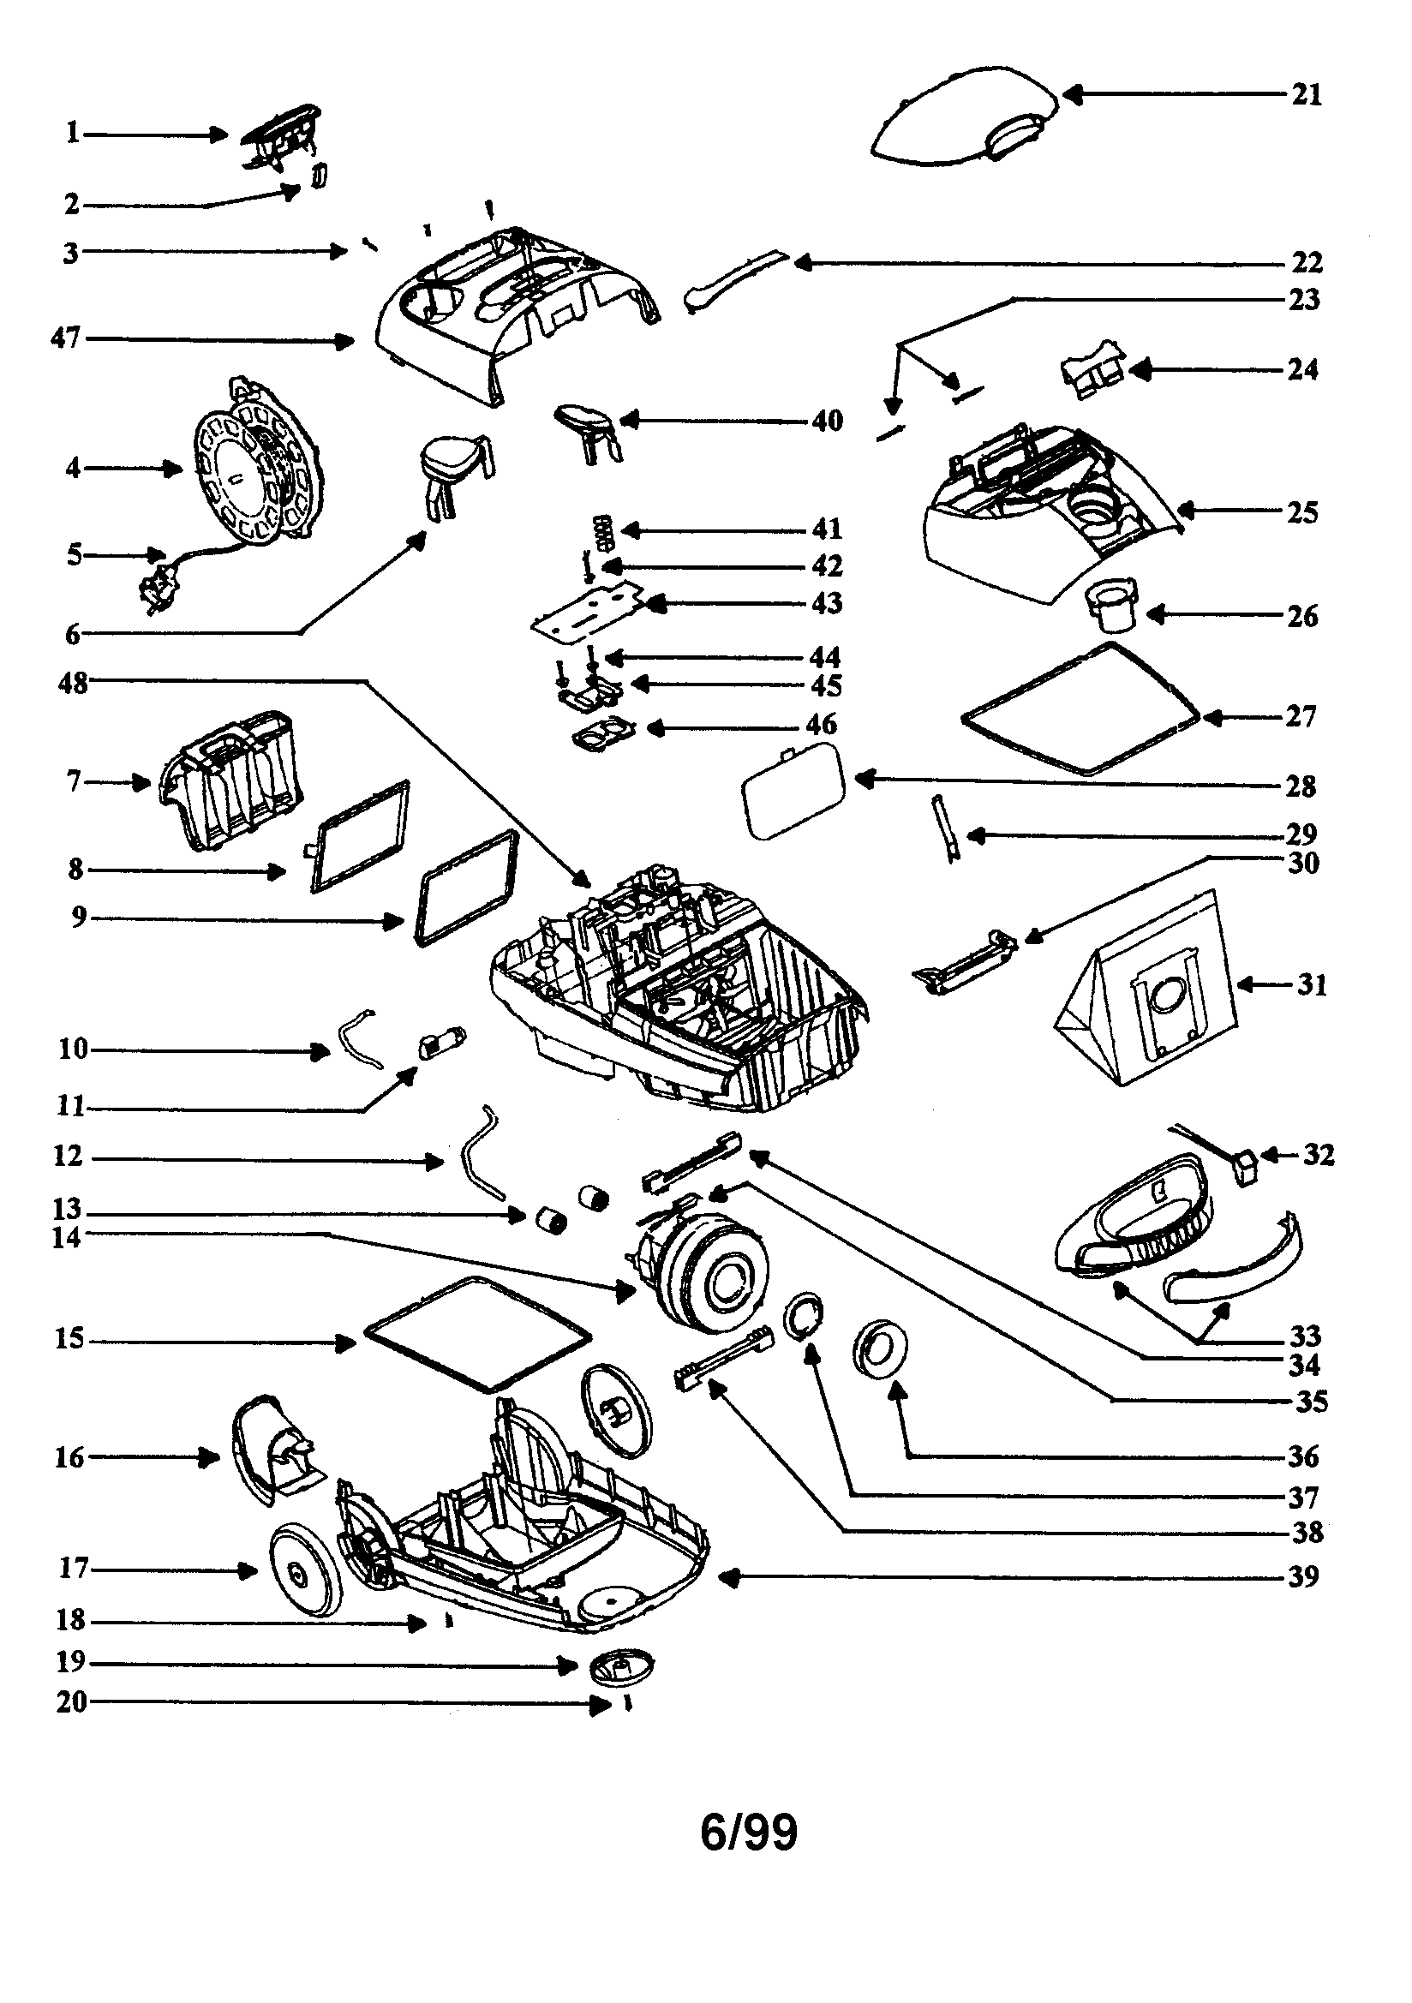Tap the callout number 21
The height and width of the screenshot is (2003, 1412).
coord(1307,94)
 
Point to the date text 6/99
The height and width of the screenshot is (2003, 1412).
coord(749,1832)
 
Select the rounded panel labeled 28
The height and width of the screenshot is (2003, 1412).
coord(793,791)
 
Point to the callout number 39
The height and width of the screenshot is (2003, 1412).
coord(1303,1576)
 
